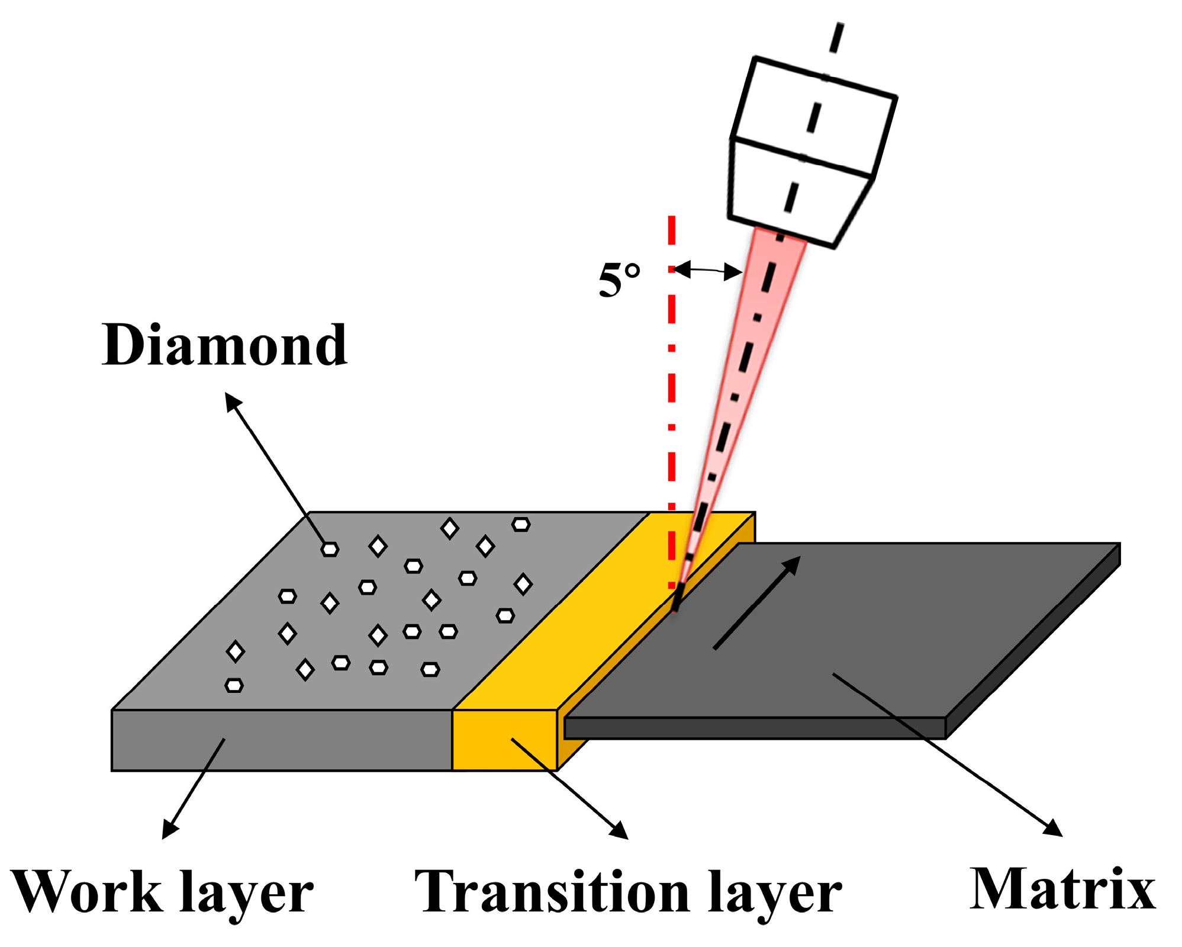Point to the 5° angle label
coord(619,279)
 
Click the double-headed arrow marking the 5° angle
coord(707,271)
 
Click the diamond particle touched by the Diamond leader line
coord(330,550)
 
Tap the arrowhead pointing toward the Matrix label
coord(1054,827)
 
